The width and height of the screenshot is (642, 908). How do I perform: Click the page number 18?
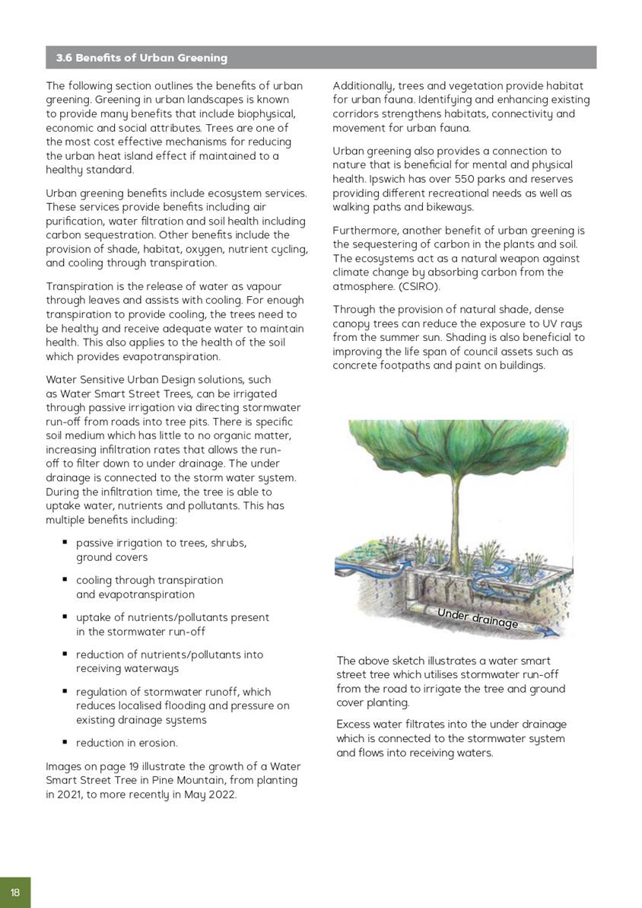(15, 893)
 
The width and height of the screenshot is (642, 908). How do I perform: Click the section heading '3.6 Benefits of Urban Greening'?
(141, 58)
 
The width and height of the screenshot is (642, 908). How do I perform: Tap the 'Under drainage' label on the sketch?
(478, 617)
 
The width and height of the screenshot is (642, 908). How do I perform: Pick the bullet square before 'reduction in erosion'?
(65, 742)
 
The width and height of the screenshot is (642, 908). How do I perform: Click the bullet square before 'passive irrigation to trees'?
(65, 543)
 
